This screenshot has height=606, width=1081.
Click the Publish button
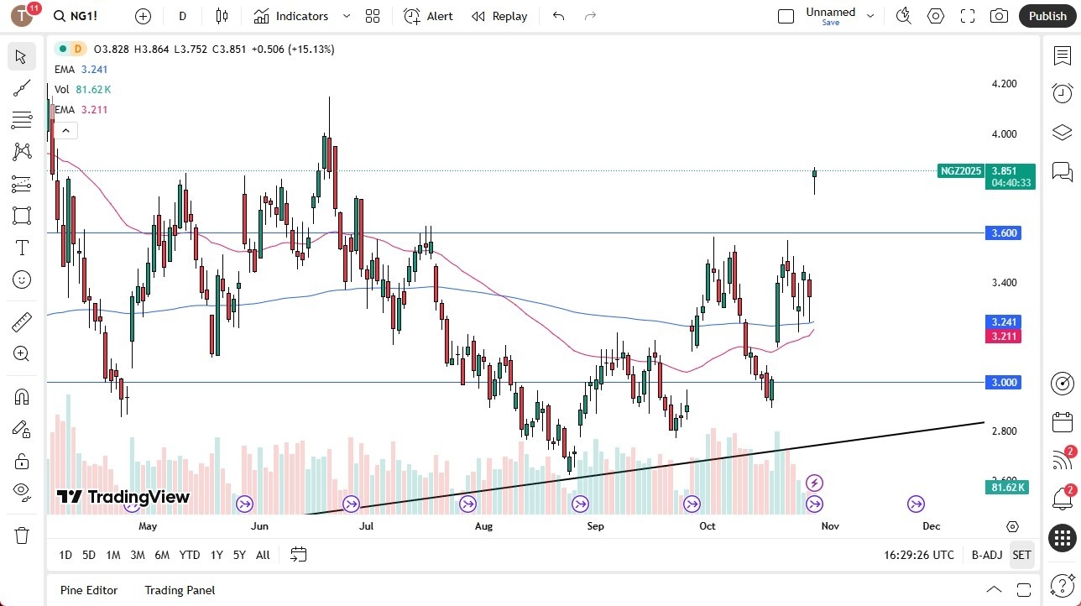(x=1047, y=16)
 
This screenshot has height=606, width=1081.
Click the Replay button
(x=499, y=16)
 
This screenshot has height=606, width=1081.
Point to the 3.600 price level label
(x=1004, y=232)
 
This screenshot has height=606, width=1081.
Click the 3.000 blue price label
(x=1004, y=382)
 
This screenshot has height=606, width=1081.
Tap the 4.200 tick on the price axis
(x=1004, y=84)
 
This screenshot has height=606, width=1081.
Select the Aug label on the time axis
(x=483, y=526)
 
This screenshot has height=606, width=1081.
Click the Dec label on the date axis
(x=931, y=526)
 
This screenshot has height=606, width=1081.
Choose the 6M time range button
(x=162, y=555)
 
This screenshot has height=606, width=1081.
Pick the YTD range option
(x=190, y=555)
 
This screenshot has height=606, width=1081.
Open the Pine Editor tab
(x=89, y=590)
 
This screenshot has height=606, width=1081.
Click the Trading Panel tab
(x=180, y=590)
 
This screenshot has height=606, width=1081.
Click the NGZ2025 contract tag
(x=961, y=171)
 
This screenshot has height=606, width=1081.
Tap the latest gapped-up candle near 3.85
(x=814, y=174)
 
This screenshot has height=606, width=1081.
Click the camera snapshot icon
(x=999, y=16)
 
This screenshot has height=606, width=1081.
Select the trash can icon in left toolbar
(x=22, y=535)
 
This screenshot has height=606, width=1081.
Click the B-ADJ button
(x=987, y=555)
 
